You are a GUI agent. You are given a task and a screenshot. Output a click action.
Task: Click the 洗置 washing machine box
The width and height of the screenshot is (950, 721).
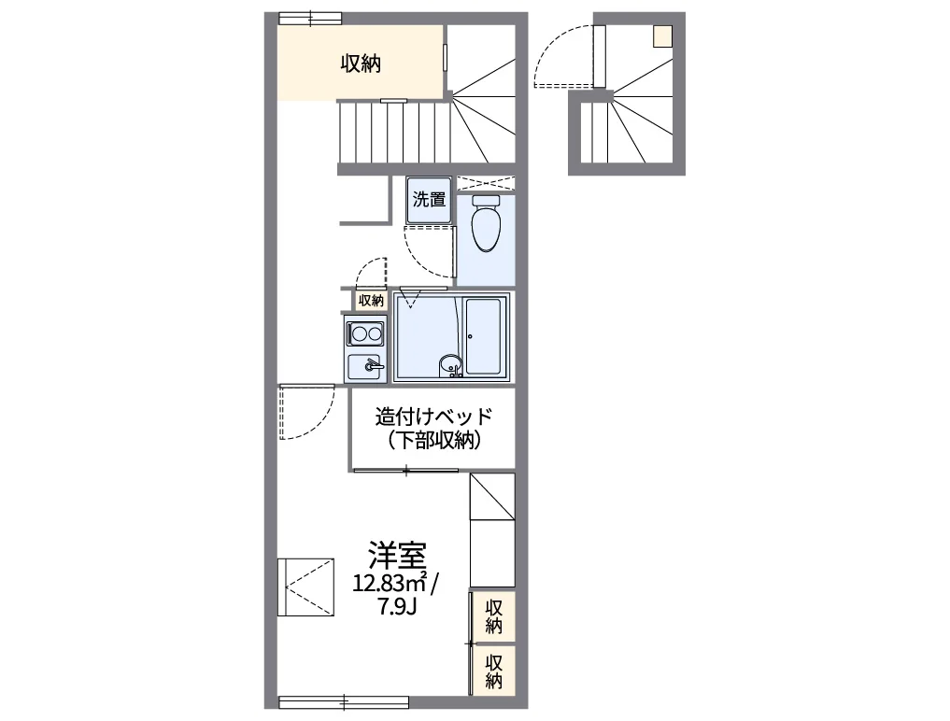(429, 199)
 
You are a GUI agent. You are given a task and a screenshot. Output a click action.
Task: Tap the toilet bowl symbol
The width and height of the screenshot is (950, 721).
(486, 223)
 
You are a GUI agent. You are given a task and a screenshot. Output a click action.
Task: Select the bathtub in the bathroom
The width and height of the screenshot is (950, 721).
(484, 336)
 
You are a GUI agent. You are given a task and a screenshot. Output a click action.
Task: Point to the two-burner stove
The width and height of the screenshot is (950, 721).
(365, 333)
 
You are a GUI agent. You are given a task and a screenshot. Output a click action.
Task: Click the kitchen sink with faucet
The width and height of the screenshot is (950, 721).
(365, 366)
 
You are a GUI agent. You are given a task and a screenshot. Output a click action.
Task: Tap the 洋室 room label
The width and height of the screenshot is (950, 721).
(397, 555)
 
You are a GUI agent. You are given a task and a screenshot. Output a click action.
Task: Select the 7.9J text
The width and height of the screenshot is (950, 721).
(397, 606)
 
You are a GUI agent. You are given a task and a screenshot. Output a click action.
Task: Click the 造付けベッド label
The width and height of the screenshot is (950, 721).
(433, 417)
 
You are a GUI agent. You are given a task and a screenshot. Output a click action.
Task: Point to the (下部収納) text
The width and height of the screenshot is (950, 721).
(434, 441)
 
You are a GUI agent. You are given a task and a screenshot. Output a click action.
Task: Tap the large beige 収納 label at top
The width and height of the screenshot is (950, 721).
(361, 63)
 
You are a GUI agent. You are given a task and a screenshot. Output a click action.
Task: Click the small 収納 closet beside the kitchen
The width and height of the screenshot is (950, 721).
(371, 300)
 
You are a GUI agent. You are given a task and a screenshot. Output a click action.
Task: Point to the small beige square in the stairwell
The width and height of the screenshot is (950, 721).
(662, 36)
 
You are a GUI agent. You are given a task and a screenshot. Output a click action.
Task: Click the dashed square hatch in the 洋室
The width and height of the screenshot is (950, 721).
(306, 587)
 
